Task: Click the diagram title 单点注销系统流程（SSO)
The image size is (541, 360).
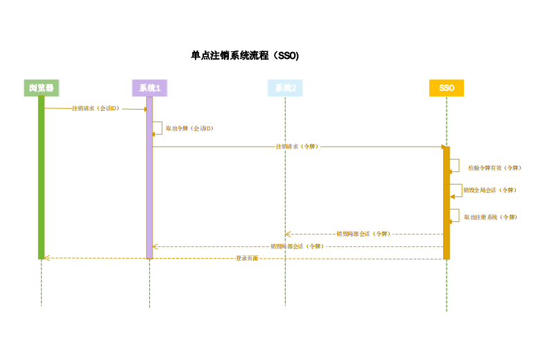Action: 245,56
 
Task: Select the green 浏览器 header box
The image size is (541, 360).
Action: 42,88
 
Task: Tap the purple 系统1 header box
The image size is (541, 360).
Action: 149,88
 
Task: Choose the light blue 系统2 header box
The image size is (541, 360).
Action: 285,88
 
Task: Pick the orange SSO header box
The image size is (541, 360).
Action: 447,88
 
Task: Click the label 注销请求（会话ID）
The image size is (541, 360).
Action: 96,108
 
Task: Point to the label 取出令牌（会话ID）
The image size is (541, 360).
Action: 189,128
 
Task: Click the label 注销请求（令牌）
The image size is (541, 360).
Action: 297,146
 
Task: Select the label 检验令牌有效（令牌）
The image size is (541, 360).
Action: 494,167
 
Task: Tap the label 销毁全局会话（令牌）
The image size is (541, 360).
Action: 490,189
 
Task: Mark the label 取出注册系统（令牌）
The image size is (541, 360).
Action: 490,217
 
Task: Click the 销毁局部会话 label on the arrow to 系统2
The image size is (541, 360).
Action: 362,234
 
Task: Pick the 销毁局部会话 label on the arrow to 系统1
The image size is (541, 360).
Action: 297,246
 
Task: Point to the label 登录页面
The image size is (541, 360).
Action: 247,258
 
